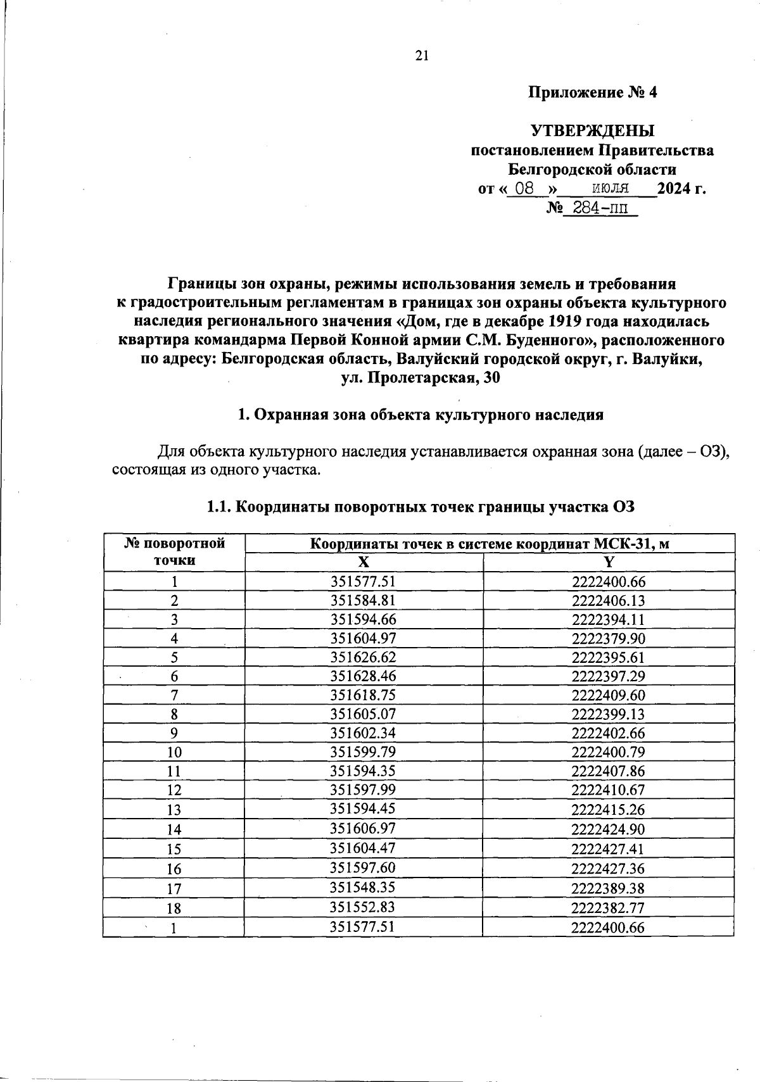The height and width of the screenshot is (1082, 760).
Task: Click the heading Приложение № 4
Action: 593,92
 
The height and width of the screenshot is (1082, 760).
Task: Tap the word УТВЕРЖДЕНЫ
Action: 592,131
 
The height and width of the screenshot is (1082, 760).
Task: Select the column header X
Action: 363,562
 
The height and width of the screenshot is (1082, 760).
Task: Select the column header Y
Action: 608,562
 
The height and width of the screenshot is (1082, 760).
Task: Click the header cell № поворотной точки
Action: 174,552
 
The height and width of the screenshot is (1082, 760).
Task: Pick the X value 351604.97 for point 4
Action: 363,638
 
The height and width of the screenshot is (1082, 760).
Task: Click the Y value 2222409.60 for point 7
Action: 608,695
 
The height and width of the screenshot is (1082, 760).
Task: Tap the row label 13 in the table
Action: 174,810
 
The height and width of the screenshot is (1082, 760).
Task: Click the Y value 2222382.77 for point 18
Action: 608,907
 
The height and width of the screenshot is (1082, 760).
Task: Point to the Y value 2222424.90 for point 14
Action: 608,829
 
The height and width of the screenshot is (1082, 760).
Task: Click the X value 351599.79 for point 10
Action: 363,752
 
